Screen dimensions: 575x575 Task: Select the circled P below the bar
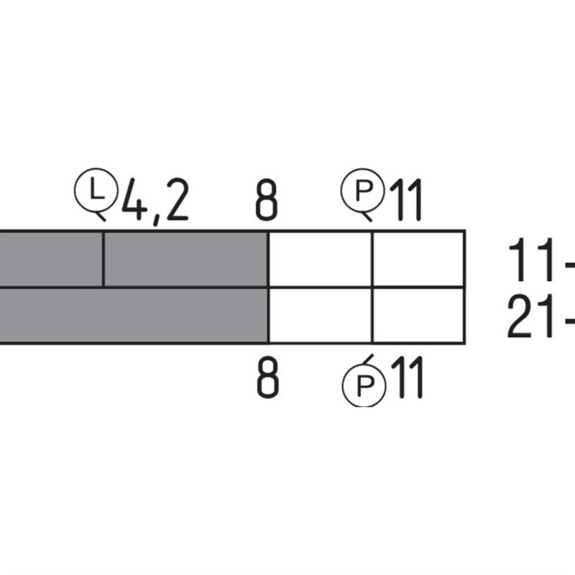coord(362,386)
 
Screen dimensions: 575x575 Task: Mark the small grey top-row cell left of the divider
coord(50,259)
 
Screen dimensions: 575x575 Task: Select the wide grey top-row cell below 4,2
coord(185,259)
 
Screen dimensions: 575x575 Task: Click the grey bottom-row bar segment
coord(133,315)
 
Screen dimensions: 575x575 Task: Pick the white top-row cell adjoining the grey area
coord(320,259)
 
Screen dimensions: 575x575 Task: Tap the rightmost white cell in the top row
coord(418,259)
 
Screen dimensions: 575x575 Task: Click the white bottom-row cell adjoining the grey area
coord(320,315)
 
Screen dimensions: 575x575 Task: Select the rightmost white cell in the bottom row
coord(418,315)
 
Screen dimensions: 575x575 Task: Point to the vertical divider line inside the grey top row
coord(104,259)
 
